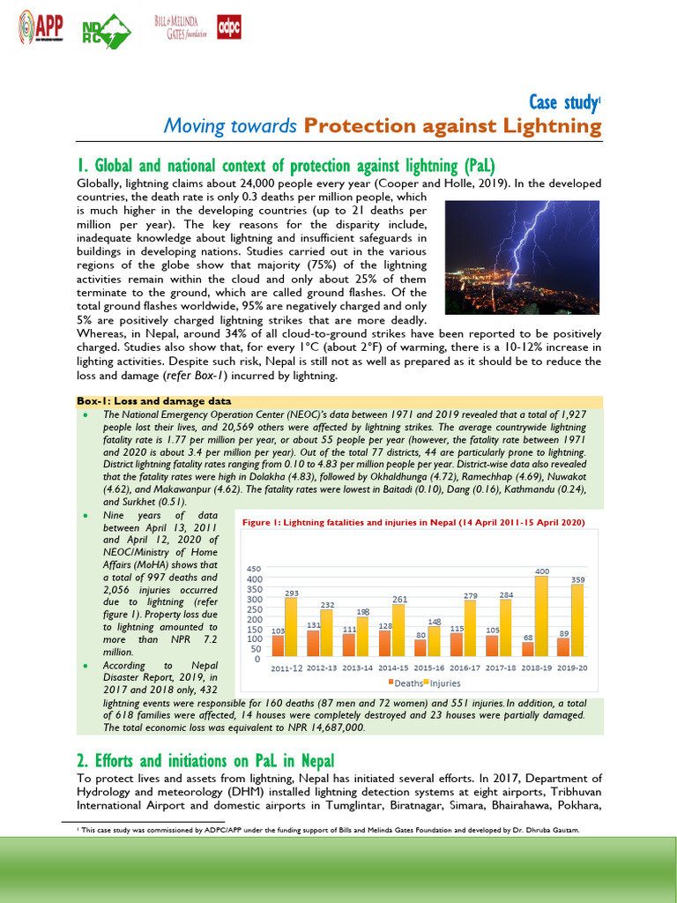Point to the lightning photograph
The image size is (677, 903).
(x=523, y=257)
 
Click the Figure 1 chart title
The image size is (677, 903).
(x=413, y=522)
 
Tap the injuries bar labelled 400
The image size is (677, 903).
(x=541, y=616)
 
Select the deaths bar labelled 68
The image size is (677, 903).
(x=527, y=649)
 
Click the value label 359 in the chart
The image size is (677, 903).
(x=577, y=579)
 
